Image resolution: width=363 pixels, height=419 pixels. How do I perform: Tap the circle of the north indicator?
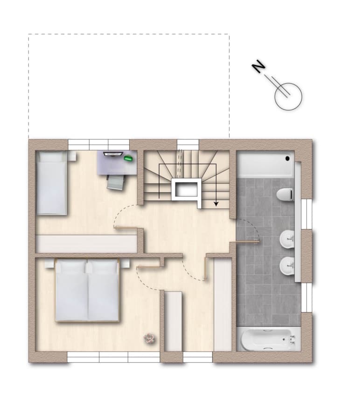click(288, 96)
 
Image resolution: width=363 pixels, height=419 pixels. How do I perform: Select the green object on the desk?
click(128, 158)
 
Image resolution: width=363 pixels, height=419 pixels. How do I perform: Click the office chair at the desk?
click(116, 182)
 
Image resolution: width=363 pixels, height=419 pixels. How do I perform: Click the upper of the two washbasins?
click(287, 239)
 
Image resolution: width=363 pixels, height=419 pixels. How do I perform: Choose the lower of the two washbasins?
click(287, 265)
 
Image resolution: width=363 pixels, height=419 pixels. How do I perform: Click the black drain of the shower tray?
click(288, 158)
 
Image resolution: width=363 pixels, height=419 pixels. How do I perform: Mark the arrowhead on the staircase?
click(216, 204)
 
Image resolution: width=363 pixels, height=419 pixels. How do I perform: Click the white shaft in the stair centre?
click(186, 189)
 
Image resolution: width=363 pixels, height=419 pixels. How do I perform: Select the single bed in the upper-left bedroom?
click(51, 183)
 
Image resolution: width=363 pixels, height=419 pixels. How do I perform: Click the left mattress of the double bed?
click(71, 290)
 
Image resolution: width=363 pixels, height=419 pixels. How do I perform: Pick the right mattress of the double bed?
click(103, 290)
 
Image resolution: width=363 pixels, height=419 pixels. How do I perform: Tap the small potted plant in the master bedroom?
click(149, 339)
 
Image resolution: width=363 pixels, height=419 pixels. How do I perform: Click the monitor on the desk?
click(113, 154)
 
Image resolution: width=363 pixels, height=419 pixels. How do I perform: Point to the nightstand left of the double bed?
click(49, 264)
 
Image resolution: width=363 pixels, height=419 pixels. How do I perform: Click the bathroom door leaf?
click(244, 242)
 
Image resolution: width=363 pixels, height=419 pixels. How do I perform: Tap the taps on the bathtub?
click(293, 339)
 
